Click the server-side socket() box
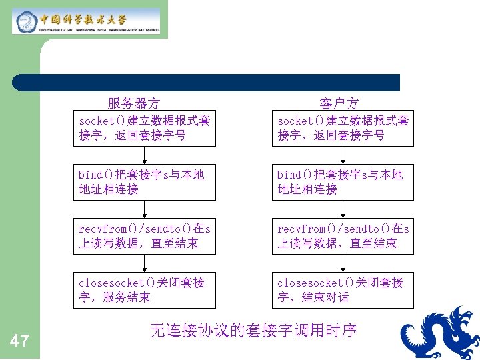[x=145, y=128]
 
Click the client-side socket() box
[x=343, y=128]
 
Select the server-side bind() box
[x=145, y=181]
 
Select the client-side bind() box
[x=343, y=181]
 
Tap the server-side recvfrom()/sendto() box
[x=145, y=236]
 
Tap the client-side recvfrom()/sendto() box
[x=343, y=236]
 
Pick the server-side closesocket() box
[x=145, y=290]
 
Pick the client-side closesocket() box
[x=343, y=290]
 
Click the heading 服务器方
[x=133, y=103]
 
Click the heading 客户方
[x=339, y=103]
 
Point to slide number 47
[x=19, y=342]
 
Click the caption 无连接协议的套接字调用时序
[x=253, y=330]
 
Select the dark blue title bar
[x=207, y=83]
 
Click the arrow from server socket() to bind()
[x=145, y=155]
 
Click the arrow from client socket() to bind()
[x=343, y=155]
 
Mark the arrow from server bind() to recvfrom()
[x=145, y=209]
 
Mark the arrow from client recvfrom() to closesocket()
[x=343, y=263]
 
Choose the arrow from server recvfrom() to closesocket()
[x=145, y=263]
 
